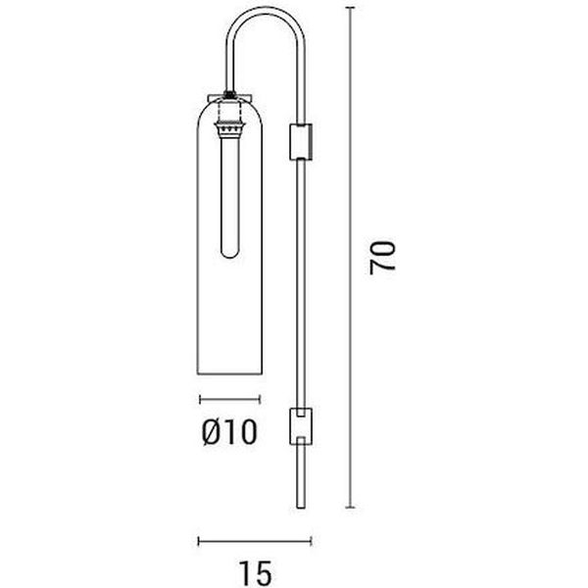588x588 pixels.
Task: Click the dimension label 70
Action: (x=382, y=258)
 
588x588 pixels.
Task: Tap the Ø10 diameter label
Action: (x=229, y=432)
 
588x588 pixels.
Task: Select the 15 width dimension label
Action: (x=255, y=573)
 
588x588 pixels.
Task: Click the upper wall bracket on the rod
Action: (x=301, y=141)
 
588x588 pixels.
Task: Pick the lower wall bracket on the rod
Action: (x=301, y=426)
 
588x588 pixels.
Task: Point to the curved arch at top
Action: (x=266, y=11)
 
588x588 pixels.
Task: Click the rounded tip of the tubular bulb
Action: (x=230, y=254)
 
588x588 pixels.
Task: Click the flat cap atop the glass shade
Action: (x=229, y=98)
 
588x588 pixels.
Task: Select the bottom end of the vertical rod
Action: (x=301, y=508)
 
